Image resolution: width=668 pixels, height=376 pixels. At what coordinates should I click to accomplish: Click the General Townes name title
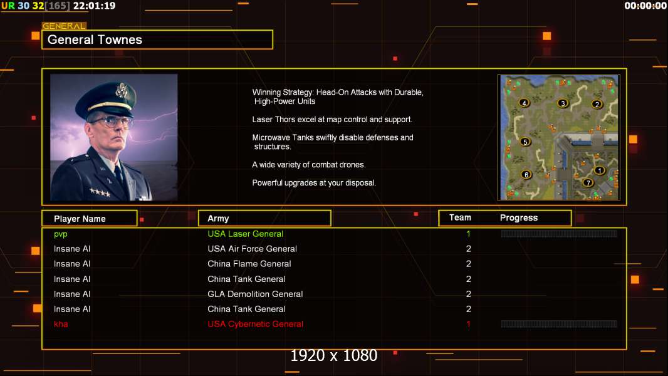[95, 40]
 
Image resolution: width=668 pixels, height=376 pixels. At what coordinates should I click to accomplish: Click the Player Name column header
[80, 219]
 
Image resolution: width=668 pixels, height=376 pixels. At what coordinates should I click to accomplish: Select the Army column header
[218, 219]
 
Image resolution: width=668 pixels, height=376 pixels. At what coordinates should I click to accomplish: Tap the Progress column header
[518, 218]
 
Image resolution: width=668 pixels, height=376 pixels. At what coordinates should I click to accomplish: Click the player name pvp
[61, 234]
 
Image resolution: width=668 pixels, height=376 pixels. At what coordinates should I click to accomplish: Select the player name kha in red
[61, 324]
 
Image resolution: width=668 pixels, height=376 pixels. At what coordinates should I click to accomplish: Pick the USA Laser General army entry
[245, 234]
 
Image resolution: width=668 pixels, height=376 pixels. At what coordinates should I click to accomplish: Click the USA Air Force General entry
[252, 249]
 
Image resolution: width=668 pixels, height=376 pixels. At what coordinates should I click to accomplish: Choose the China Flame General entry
[249, 264]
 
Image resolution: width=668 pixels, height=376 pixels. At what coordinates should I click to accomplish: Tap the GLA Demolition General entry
[255, 294]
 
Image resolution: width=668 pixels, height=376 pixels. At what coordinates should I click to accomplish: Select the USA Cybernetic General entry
[255, 324]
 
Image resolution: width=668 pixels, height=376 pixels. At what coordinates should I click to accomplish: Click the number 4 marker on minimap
[524, 103]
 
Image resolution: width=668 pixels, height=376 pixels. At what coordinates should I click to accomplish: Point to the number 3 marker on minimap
[563, 103]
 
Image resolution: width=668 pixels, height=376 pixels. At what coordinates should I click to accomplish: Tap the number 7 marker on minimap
[588, 183]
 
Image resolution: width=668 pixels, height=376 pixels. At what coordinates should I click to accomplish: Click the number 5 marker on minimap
[525, 142]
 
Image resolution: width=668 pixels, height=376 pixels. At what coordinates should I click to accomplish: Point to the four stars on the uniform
[99, 192]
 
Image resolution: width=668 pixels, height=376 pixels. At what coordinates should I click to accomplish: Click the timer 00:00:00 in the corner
[645, 6]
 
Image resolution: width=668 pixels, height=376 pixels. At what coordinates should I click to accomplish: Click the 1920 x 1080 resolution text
[333, 356]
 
